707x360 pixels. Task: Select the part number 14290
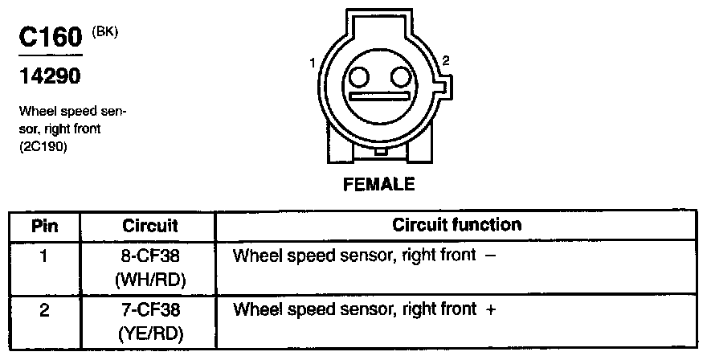tap(50, 77)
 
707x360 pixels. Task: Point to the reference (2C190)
tap(39, 148)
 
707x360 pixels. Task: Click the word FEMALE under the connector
tap(378, 184)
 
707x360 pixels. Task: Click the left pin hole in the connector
tap(358, 77)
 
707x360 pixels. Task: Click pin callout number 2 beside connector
tap(446, 59)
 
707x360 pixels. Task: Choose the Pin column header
tap(44, 226)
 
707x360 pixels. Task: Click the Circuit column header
tap(150, 226)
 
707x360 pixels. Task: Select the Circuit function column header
tap(456, 225)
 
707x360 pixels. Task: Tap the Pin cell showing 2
tap(44, 309)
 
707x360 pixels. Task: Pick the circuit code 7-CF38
tap(150, 309)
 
